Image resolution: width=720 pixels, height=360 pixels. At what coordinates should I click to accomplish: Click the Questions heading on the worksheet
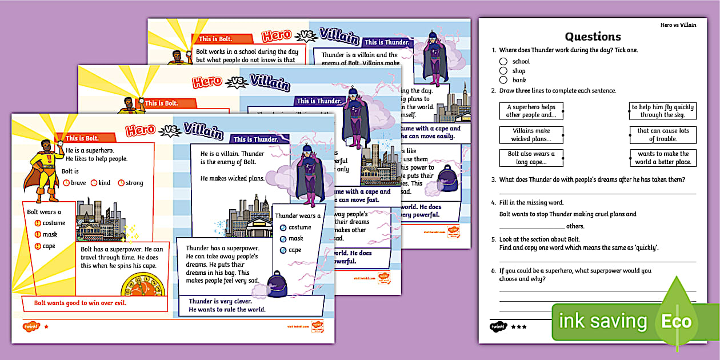click(x=593, y=37)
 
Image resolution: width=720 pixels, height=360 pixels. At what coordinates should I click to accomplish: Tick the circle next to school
click(x=503, y=62)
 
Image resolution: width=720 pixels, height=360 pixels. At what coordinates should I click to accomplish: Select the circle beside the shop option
click(x=503, y=71)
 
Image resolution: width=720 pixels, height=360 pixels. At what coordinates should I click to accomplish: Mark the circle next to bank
click(x=503, y=80)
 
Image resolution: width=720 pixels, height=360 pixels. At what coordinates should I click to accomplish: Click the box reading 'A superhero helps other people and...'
click(x=530, y=111)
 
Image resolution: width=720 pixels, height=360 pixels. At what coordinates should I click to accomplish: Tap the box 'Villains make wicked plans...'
click(x=530, y=135)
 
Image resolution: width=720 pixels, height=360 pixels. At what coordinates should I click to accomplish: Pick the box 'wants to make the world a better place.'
click(x=663, y=158)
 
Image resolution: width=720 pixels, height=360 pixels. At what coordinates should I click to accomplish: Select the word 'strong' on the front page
click(x=134, y=183)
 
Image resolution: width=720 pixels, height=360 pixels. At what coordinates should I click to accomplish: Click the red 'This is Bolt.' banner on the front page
click(x=82, y=138)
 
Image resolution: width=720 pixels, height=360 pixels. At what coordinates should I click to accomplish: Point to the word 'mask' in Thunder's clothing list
click(x=296, y=238)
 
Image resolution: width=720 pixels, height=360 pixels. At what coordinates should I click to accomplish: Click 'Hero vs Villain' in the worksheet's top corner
click(x=678, y=25)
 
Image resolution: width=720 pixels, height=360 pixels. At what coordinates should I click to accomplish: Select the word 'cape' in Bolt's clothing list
click(x=49, y=246)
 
